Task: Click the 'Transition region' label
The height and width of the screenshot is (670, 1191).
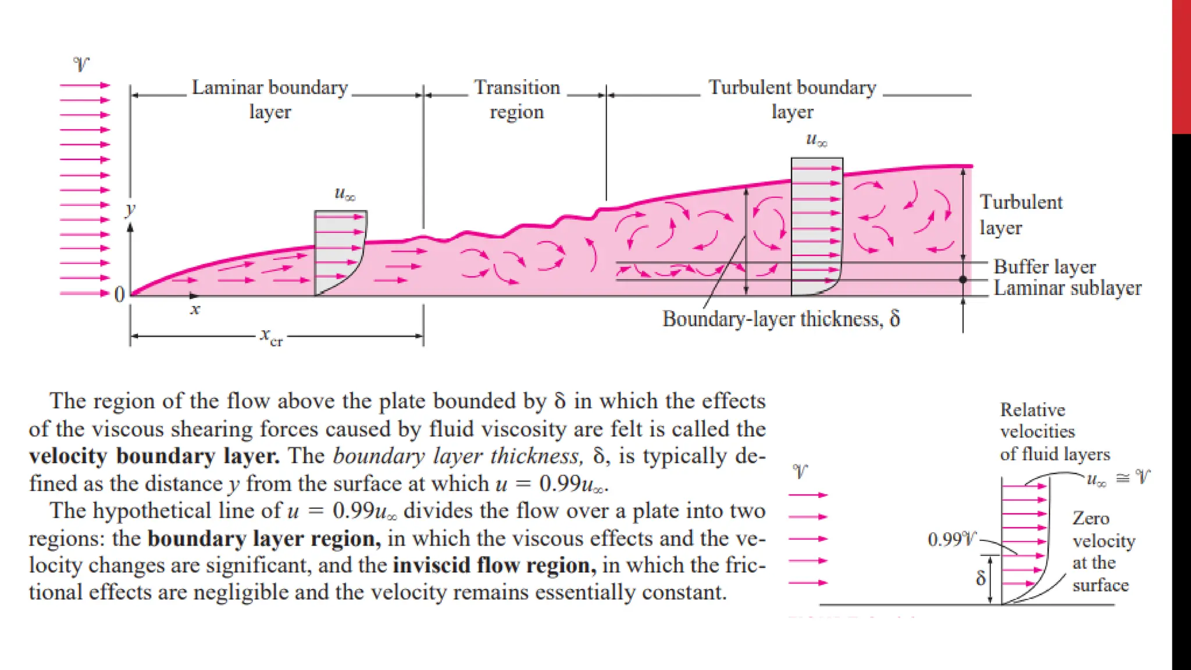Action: (516, 99)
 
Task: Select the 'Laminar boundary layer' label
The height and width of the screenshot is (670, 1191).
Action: (270, 99)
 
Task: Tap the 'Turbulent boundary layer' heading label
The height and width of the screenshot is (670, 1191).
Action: (792, 99)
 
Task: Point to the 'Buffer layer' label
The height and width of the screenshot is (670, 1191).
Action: (1044, 266)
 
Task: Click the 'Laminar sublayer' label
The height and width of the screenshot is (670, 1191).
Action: (1067, 288)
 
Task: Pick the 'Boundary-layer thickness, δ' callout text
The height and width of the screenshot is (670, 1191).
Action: (781, 319)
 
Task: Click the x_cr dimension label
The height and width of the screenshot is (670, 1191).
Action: (271, 336)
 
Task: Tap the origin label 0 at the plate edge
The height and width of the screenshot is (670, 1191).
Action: (119, 294)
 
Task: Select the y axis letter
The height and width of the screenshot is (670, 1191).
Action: (131, 209)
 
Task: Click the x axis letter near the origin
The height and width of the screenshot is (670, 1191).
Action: (195, 309)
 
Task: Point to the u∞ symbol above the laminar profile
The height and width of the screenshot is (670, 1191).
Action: (345, 194)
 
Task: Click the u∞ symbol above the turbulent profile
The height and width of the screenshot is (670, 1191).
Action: (816, 140)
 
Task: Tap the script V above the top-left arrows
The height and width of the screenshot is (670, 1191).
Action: (81, 64)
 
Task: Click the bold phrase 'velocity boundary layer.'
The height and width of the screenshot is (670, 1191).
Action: (154, 456)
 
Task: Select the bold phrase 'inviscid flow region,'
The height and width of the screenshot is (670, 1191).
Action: (495, 565)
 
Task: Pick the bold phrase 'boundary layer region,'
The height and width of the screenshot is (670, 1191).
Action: (265, 539)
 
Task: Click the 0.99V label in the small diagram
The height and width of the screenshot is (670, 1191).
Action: (952, 540)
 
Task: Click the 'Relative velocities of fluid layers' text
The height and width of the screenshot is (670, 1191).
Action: (1054, 432)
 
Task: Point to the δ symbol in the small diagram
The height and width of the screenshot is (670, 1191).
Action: (981, 578)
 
